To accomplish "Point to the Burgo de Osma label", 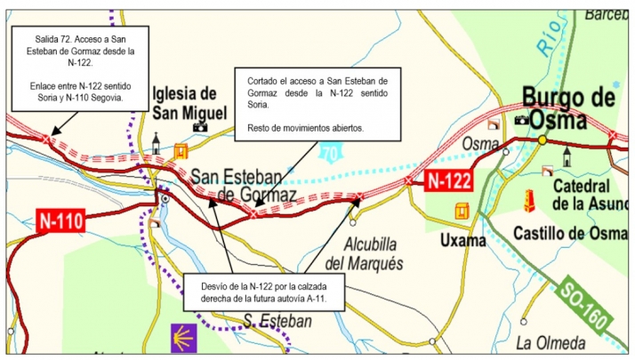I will tap(567, 107).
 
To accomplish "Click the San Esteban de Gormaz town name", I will tap(244, 184).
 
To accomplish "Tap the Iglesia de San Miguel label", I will tap(182, 102).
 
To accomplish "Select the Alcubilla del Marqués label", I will tap(363, 254).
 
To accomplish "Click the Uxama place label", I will tap(462, 240).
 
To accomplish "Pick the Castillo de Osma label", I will tap(570, 233).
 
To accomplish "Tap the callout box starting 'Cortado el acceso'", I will tap(318, 105).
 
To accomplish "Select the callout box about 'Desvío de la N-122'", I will tap(262, 292).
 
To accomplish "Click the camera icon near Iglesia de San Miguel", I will tap(199, 127).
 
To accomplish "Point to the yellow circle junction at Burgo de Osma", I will tap(542, 140).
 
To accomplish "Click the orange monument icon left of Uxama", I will tap(462, 212).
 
